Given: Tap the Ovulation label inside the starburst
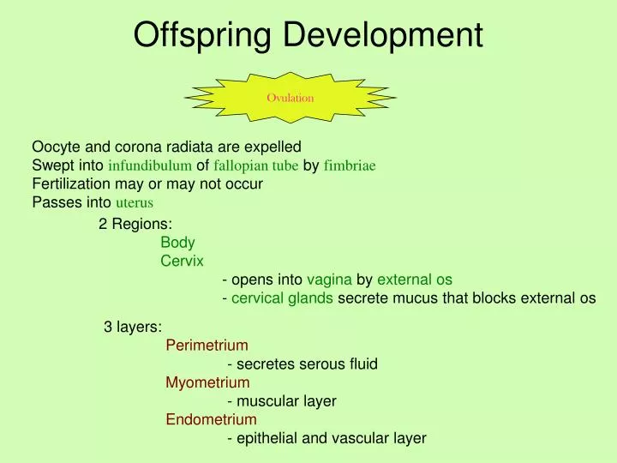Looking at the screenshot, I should pyautogui.click(x=290, y=98).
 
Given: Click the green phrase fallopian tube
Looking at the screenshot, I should pyautogui.click(x=256, y=165).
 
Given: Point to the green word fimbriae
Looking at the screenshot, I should pyautogui.click(x=350, y=165).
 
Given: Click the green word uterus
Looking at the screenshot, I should pyautogui.click(x=134, y=203).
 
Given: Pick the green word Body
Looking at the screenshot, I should pyautogui.click(x=177, y=243).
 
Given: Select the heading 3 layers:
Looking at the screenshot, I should pyautogui.click(x=133, y=326).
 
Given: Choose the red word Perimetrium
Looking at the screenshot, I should pyautogui.click(x=207, y=345).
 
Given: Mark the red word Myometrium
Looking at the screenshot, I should pyautogui.click(x=207, y=382).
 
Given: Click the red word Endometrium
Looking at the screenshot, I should pyautogui.click(x=211, y=419).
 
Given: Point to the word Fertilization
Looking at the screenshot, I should pyautogui.click(x=71, y=183).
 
